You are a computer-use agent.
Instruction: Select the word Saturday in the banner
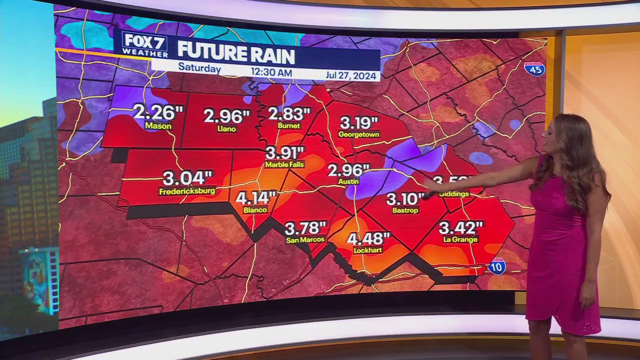[199, 67]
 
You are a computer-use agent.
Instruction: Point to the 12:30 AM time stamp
[271, 72]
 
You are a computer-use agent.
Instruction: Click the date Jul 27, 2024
[351, 75]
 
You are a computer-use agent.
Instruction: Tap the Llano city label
[226, 129]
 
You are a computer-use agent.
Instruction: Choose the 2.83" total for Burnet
[289, 114]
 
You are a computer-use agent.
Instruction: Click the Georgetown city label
[358, 134]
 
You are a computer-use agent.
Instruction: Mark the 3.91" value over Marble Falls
[284, 152]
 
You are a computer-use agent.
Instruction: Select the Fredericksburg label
[187, 191]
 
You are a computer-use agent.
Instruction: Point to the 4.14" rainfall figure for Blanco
[255, 198]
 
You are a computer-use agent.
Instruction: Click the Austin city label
[348, 181]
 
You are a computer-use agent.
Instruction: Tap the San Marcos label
[305, 240]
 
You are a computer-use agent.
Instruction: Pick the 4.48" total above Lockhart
[368, 238]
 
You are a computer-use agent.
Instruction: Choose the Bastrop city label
[405, 210]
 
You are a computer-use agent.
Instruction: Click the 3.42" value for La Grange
[460, 228]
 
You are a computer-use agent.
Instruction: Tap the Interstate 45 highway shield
[534, 68]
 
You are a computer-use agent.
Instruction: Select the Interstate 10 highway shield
[497, 266]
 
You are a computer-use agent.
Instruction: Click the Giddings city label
[454, 194]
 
